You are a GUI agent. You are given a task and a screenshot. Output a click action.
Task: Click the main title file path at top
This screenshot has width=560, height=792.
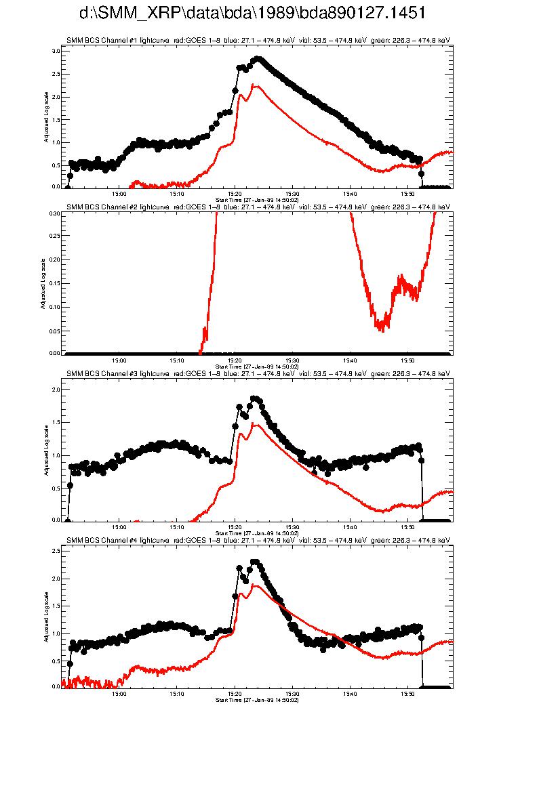click(252, 14)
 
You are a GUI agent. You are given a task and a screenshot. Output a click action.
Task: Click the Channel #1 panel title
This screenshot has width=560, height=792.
click(258, 41)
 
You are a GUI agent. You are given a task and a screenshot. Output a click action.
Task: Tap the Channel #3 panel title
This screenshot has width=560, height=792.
click(258, 374)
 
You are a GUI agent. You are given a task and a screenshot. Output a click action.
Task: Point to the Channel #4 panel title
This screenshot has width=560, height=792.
click(258, 540)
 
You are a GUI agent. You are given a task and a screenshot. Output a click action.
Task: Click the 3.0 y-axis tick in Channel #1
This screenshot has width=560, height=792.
click(56, 51)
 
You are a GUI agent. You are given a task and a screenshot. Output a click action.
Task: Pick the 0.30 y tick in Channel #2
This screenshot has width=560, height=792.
click(55, 213)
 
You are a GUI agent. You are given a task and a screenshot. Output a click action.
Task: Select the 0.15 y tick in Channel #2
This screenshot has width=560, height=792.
click(55, 283)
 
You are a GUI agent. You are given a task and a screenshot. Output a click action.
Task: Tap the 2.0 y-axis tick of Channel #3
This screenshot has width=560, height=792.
click(56, 390)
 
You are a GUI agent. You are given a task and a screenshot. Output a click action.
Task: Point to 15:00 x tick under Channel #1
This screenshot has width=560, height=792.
click(119, 193)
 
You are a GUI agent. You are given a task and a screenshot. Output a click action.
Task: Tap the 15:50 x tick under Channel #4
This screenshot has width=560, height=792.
click(407, 693)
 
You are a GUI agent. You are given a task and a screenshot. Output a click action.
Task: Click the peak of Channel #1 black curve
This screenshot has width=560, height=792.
click(257, 59)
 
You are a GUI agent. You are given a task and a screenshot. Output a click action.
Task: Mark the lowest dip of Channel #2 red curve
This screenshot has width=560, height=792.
click(382, 330)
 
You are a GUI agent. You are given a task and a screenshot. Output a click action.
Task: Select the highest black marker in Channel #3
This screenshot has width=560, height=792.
click(255, 399)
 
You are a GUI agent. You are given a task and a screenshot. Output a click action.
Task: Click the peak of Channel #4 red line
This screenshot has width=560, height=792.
click(254, 585)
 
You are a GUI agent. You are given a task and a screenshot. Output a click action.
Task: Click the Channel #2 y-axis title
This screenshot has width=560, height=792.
click(42, 283)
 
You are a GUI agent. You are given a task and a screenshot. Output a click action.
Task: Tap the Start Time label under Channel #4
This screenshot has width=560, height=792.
click(257, 699)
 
